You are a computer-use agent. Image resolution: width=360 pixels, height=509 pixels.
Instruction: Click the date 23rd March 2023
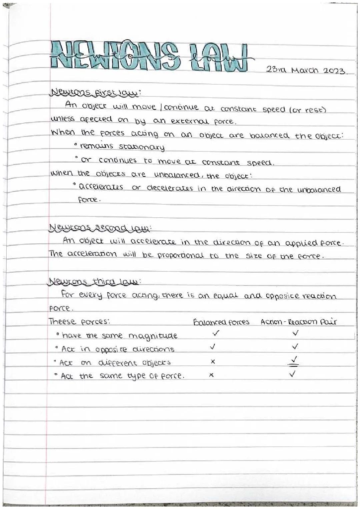click(x=306, y=71)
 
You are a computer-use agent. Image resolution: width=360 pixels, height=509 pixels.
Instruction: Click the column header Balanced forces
click(x=221, y=322)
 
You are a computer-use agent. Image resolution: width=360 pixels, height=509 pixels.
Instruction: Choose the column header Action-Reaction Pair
click(x=299, y=322)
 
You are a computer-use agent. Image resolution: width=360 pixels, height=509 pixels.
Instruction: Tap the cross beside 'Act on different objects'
click(x=213, y=362)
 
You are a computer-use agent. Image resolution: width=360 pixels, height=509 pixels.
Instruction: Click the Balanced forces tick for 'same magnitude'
click(x=216, y=333)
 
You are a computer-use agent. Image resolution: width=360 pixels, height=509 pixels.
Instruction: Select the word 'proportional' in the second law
click(x=180, y=256)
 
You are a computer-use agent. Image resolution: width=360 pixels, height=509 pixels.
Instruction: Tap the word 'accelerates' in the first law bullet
click(x=101, y=187)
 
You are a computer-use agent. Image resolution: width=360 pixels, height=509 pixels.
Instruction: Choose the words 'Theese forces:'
click(x=79, y=322)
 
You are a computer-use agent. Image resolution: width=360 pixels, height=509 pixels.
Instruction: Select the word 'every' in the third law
click(x=90, y=295)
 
